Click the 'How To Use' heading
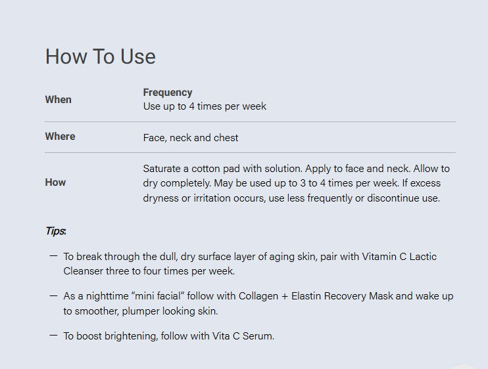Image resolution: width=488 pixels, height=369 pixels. [100, 56]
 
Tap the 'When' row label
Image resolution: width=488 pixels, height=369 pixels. [58, 100]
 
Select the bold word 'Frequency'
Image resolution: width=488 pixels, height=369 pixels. [168, 93]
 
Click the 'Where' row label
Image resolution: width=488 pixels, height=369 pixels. [60, 137]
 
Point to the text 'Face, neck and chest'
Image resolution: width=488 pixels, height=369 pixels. [191, 138]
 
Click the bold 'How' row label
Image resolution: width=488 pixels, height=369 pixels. [55, 183]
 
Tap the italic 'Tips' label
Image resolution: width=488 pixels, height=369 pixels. [56, 230]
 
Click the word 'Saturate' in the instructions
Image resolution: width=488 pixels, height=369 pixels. [162, 169]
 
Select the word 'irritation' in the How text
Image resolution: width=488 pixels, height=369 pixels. [212, 198]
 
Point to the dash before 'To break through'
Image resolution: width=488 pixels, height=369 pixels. [53, 256]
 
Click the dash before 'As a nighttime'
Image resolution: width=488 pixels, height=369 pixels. [53, 295]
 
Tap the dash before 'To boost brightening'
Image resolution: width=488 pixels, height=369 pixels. [53, 335]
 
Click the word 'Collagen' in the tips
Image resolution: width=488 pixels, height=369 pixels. [258, 296]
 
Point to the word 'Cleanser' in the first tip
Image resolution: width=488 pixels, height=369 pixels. [83, 271]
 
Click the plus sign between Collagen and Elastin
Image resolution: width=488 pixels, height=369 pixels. [285, 296]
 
